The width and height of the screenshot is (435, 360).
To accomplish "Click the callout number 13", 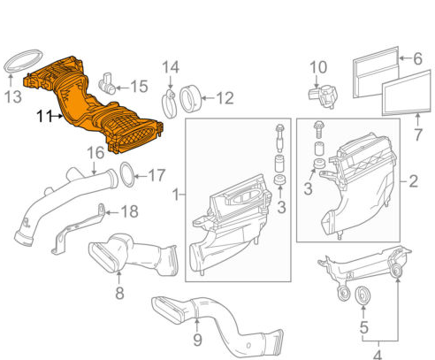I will pyautogui.click(x=13, y=96).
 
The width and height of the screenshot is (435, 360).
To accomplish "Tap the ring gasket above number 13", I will pyautogui.click(x=17, y=65).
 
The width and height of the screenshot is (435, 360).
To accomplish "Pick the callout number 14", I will pyautogui.click(x=170, y=67).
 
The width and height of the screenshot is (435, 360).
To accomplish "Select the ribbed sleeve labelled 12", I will pyautogui.click(x=193, y=96).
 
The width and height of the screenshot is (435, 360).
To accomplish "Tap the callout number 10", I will pyautogui.click(x=317, y=67).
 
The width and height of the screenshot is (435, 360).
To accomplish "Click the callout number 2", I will pyautogui.click(x=413, y=183).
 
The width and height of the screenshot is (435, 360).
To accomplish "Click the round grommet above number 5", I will pyautogui.click(x=362, y=295).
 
